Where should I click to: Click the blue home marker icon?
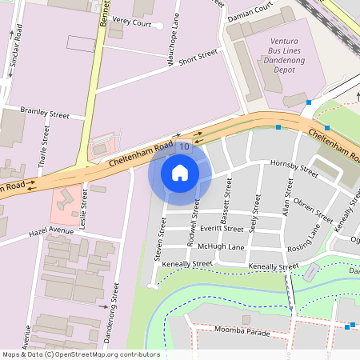pyautogui.click(x=180, y=172)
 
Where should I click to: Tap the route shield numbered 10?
pyautogui.click(x=185, y=146)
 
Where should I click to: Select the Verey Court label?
pyautogui.click(x=132, y=24)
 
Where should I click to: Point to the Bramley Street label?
pyautogui.click(x=45, y=114)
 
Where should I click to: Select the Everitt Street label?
pyautogui.click(x=222, y=229)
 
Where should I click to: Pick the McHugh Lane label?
pyautogui.click(x=221, y=247)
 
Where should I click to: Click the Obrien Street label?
pyautogui.click(x=313, y=210)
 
